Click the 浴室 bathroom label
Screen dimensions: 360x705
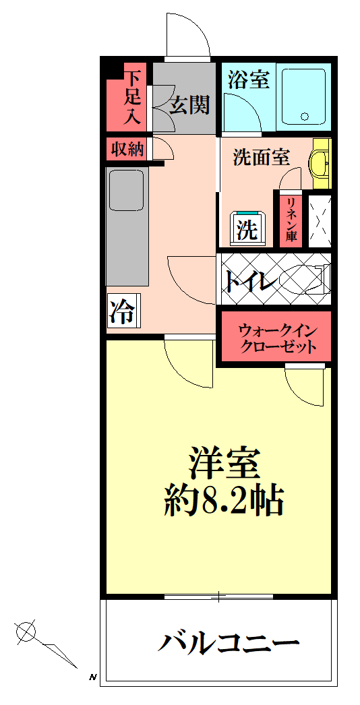pos(248,80)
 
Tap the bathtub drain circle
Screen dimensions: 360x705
pos(305,117)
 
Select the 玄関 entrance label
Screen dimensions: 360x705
pos(190,105)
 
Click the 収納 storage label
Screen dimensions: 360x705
pos(127,149)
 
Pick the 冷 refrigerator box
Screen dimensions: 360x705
pos(123,310)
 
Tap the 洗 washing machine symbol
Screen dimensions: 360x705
pos(248,230)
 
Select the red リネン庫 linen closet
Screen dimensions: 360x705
pos(291,220)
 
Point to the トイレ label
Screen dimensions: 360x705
pos(250,281)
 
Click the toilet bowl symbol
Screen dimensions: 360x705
pos(305,279)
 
